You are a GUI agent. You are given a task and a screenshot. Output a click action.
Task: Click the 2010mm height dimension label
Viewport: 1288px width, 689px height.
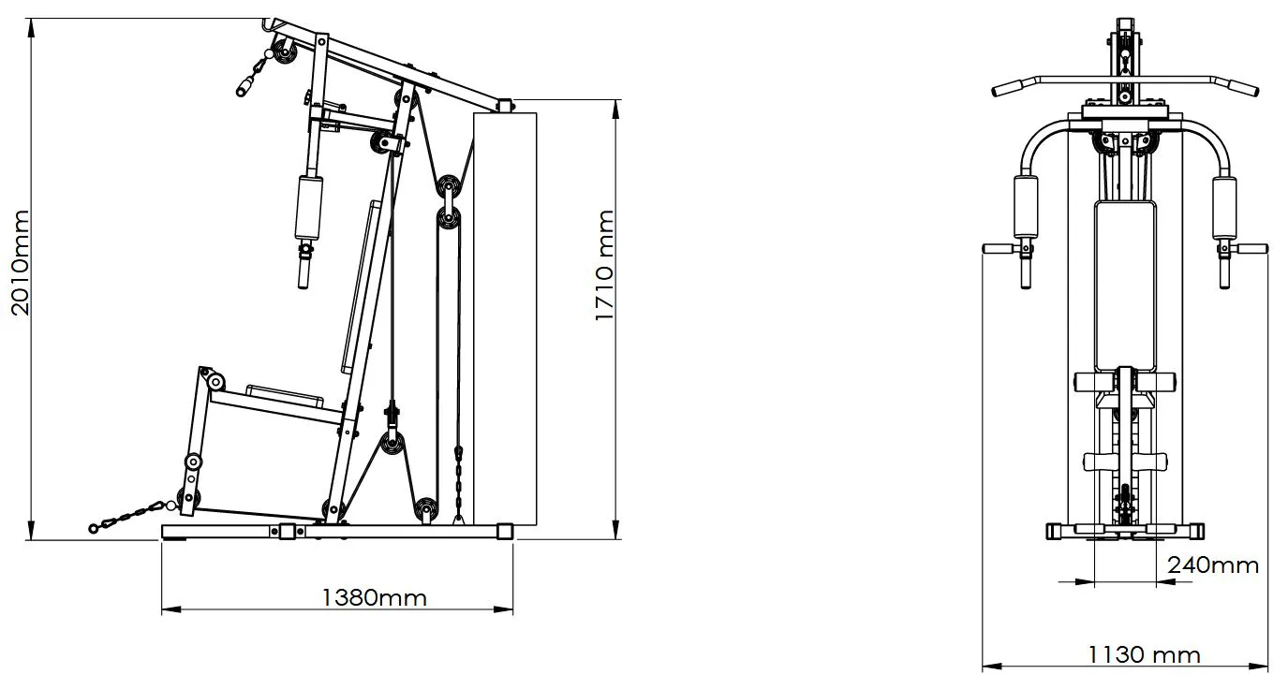[x=21, y=263]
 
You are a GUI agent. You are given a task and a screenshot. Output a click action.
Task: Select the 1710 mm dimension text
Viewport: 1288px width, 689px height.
[x=605, y=265]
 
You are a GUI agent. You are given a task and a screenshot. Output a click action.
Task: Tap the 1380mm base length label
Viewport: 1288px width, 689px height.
[x=375, y=598]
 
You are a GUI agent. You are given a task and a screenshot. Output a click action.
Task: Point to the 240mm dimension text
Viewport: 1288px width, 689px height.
[x=1213, y=565]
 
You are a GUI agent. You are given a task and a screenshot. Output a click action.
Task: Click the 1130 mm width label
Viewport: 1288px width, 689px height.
[x=1145, y=654]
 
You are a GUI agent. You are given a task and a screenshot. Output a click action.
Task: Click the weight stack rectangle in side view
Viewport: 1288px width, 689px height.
[x=505, y=319]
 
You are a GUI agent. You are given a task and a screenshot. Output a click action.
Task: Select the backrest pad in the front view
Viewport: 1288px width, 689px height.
[x=1125, y=286]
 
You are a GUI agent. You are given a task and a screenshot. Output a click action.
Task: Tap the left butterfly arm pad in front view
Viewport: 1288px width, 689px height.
[x=1026, y=208]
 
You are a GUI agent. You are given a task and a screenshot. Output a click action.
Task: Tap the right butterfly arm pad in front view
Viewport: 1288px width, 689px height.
[x=1224, y=208]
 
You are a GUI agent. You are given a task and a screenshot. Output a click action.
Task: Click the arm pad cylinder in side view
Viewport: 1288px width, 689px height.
[x=309, y=208]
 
